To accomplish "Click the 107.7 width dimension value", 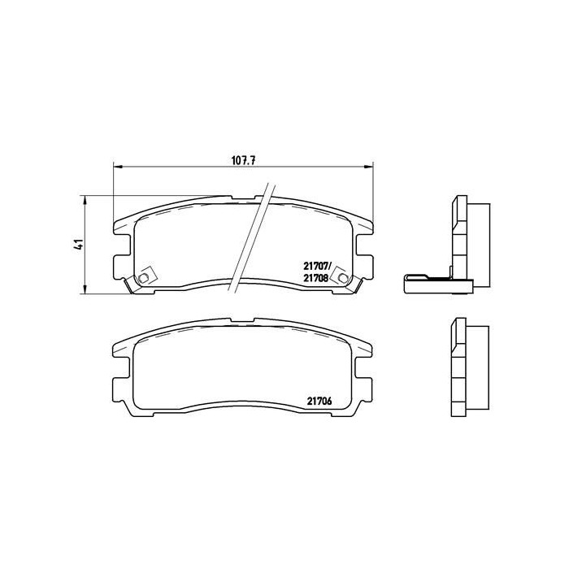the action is [x=244, y=161].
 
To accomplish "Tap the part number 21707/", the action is [x=317, y=267].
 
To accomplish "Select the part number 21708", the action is [x=315, y=278].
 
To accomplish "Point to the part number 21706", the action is [x=319, y=401].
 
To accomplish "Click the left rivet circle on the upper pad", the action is [x=144, y=278].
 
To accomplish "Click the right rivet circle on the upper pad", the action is [x=342, y=278].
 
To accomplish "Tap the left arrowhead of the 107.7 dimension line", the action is [x=118, y=167].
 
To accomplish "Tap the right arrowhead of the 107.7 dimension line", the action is [x=369, y=167].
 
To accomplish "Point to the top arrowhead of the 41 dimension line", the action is [x=85, y=200].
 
